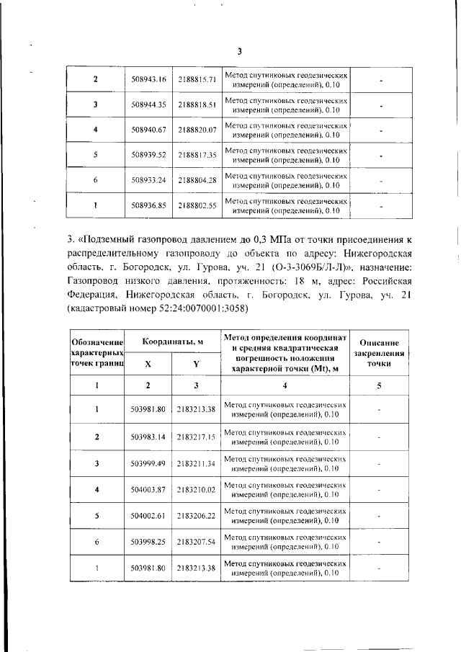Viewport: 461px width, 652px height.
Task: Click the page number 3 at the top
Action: point(240,50)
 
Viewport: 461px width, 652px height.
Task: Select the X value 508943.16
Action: point(149,79)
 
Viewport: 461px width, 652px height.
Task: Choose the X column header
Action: point(148,364)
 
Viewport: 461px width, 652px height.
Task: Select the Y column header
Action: point(196,364)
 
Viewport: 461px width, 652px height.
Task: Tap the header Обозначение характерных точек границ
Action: point(98,352)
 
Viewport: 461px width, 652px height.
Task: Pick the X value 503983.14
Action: point(149,437)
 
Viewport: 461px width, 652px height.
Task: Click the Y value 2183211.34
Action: point(196,463)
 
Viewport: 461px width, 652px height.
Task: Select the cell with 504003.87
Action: point(149,490)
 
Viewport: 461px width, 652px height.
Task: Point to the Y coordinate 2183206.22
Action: point(196,517)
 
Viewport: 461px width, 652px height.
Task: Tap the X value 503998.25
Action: point(149,541)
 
